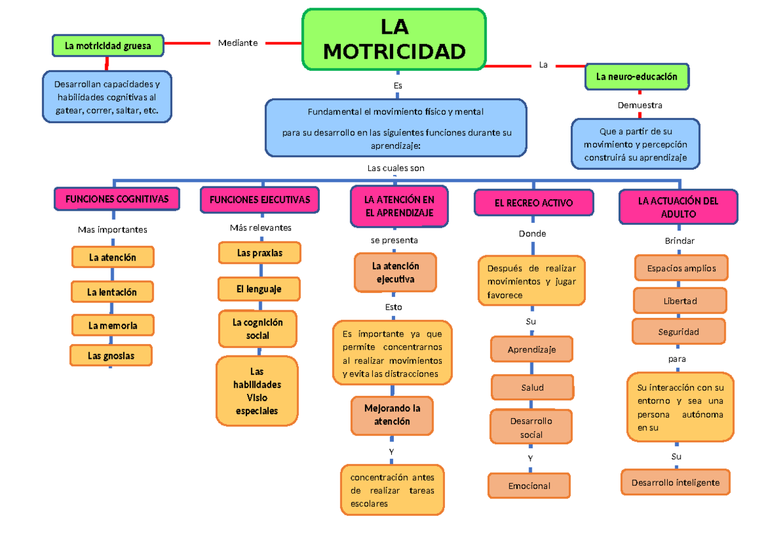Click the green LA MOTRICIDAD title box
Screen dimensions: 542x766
pyautogui.click(x=394, y=39)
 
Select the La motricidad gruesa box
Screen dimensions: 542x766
pyautogui.click(x=108, y=46)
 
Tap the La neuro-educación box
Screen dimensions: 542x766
pyautogui.click(x=636, y=77)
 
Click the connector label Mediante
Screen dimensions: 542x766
pyautogui.click(x=237, y=43)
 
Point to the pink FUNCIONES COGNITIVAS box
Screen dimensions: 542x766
pyautogui.click(x=117, y=199)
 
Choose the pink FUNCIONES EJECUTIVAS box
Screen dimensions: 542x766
pyautogui.click(x=259, y=199)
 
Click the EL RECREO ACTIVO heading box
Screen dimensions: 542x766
pyautogui.click(x=534, y=203)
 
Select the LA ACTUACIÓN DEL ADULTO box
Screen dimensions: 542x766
pyautogui.click(x=678, y=207)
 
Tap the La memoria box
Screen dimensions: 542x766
pyautogui.click(x=112, y=326)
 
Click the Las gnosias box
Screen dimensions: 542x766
pyautogui.click(x=111, y=356)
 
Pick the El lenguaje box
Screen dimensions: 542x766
pyautogui.click(x=259, y=289)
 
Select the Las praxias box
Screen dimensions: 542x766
pyautogui.click(x=259, y=253)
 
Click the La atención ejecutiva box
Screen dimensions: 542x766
pyautogui.click(x=395, y=273)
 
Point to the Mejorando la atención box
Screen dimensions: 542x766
pyautogui.click(x=392, y=414)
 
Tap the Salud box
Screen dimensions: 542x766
pyautogui.click(x=532, y=388)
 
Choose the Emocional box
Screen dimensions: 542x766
pyautogui.click(x=529, y=486)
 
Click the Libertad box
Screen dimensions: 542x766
pyautogui.click(x=680, y=301)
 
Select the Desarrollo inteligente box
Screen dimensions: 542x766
pyautogui.click(x=675, y=483)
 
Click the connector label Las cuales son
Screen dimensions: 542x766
pyautogui.click(x=396, y=168)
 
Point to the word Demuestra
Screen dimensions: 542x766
pyautogui.click(x=640, y=105)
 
